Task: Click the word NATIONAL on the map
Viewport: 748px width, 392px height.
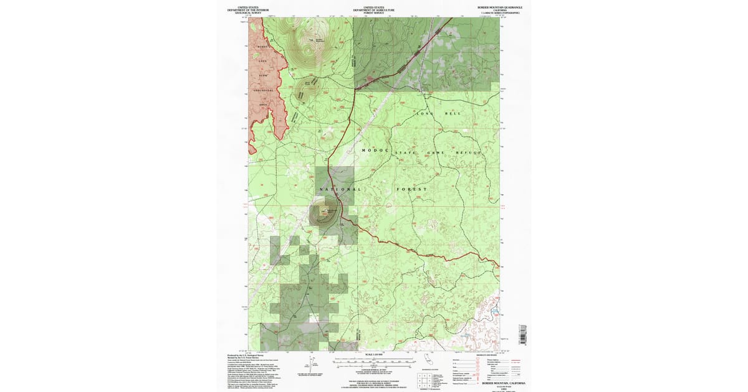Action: pyautogui.click(x=340, y=189)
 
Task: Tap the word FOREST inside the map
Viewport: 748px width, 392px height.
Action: pyautogui.click(x=411, y=189)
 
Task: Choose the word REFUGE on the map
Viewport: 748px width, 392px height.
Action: pyautogui.click(x=469, y=152)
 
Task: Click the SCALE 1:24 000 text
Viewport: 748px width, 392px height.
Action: pyautogui.click(x=374, y=355)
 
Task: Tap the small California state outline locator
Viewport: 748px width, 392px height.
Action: pyautogui.click(x=425, y=360)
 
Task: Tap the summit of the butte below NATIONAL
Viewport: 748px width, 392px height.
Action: pyautogui.click(x=324, y=211)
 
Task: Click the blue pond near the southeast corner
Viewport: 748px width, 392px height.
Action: pyautogui.click(x=495, y=309)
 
